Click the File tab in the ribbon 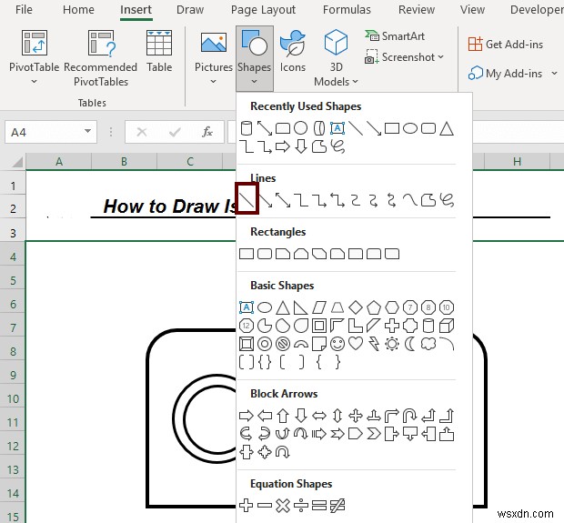(x=24, y=10)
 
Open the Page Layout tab (x=263, y=10)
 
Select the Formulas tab (x=347, y=10)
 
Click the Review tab (x=417, y=10)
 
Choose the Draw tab (x=190, y=10)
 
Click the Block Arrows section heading (x=284, y=394)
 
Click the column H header (x=516, y=162)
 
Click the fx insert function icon (x=207, y=132)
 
